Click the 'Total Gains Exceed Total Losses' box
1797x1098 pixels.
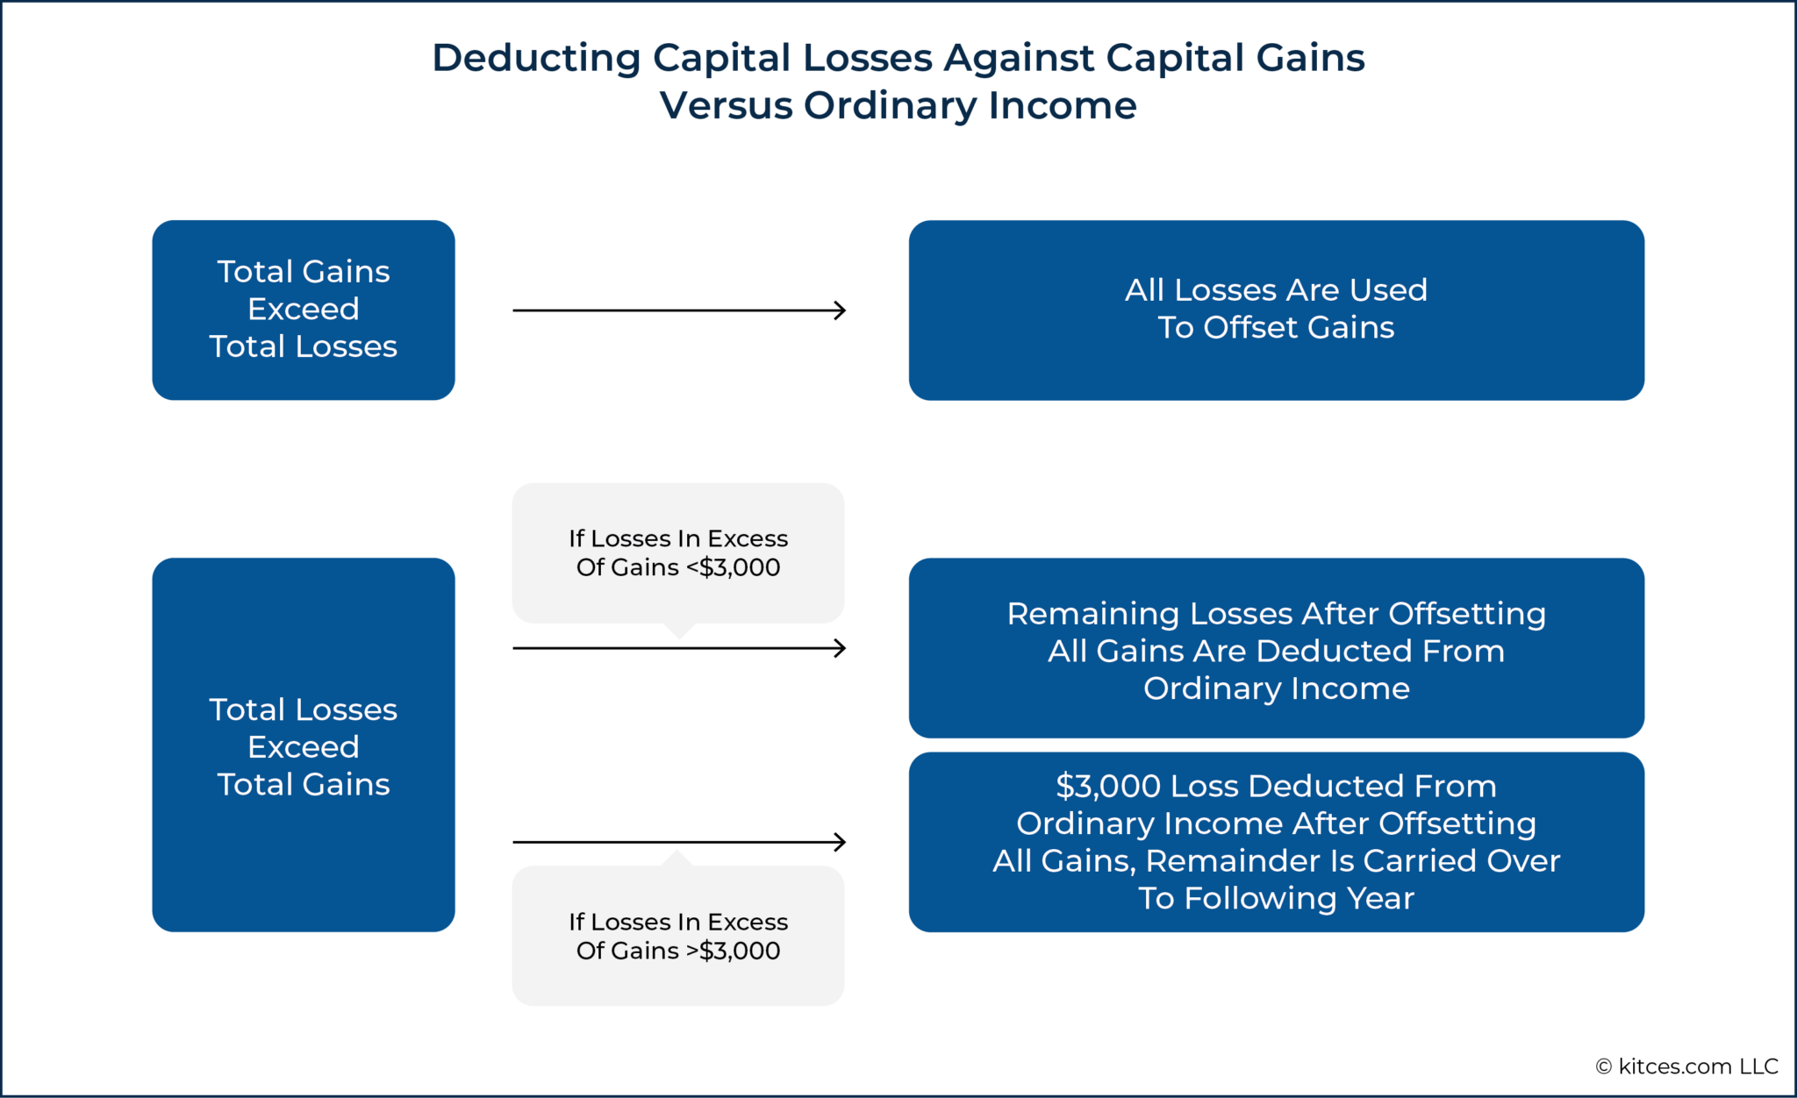pyautogui.click(x=303, y=310)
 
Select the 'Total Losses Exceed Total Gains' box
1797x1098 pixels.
pyautogui.click(x=303, y=745)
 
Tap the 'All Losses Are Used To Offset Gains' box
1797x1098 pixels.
pyautogui.click(x=1276, y=310)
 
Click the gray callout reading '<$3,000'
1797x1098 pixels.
pyautogui.click(x=677, y=553)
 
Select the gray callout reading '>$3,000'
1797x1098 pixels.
pyautogui.click(x=677, y=936)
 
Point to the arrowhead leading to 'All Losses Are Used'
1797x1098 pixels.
pyautogui.click(x=840, y=310)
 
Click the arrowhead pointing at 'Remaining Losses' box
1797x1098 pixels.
pyautogui.click(x=840, y=648)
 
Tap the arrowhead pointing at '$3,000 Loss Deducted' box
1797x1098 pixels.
pyautogui.click(x=840, y=842)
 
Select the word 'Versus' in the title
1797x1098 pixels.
pyautogui.click(x=726, y=106)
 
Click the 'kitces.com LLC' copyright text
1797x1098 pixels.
pyautogui.click(x=1698, y=1066)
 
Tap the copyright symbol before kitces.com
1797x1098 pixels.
pyautogui.click(x=1603, y=1066)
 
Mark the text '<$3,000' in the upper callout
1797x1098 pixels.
pyautogui.click(x=734, y=567)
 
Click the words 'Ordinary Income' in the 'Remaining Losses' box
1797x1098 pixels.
pyautogui.click(x=1276, y=688)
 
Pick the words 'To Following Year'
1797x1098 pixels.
pyautogui.click(x=1276, y=898)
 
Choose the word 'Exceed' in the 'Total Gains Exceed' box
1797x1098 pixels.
pyautogui.click(x=303, y=309)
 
